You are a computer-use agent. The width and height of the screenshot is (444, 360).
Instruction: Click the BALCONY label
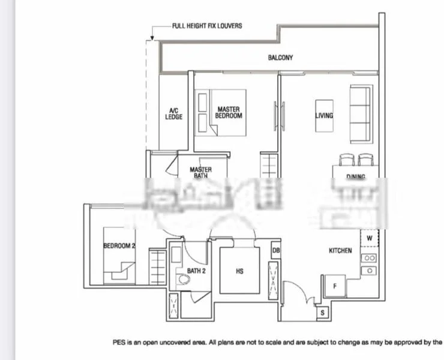tap(280, 58)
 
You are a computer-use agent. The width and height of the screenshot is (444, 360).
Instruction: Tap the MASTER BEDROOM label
tap(229, 113)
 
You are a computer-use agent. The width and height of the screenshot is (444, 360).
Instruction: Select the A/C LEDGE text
tap(174, 113)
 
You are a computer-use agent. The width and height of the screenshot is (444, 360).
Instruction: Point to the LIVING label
tap(324, 116)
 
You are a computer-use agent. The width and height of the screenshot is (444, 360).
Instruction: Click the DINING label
tap(356, 177)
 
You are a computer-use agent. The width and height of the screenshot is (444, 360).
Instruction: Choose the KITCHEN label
tap(340, 251)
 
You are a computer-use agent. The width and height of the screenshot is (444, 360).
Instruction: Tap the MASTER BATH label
tap(200, 173)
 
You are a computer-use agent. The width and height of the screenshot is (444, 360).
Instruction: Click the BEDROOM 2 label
tap(119, 246)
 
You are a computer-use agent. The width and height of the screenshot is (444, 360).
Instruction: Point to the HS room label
tap(240, 272)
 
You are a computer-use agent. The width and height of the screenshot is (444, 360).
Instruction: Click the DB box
tap(276, 250)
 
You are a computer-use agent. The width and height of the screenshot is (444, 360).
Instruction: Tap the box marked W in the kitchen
tap(370, 238)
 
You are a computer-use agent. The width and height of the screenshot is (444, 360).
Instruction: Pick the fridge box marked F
tap(334, 286)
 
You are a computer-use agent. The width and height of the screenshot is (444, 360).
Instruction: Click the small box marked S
tap(322, 313)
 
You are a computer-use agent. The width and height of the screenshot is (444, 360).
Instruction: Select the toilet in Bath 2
tap(183, 280)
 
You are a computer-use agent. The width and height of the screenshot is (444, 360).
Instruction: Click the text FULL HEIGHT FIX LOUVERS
tap(207, 26)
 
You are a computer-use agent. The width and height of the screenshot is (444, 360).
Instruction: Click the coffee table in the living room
tap(324, 116)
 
